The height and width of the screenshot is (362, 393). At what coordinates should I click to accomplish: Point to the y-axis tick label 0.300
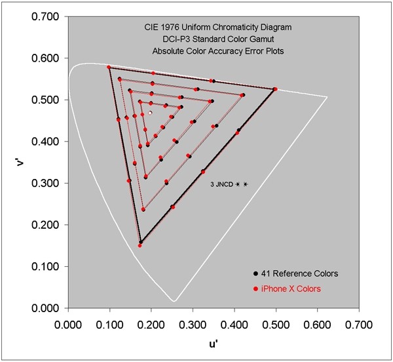[x=45, y=183]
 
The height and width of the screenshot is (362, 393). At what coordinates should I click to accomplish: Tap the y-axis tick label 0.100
[x=45, y=267]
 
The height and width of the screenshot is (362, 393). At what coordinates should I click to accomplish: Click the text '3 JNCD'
[x=220, y=185]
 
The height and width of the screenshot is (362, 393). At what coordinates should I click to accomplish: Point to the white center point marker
[x=150, y=113]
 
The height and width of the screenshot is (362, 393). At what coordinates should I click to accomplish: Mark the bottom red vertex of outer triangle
[x=140, y=246]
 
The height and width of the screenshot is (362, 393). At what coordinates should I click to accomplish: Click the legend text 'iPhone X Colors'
[x=286, y=289]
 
